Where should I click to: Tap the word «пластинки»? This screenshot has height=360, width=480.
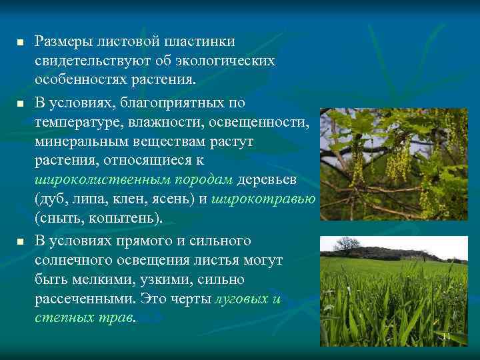194,42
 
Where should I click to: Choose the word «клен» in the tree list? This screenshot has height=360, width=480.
133,200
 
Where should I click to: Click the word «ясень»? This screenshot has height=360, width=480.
177,200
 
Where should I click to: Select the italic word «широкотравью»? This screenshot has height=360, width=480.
263,200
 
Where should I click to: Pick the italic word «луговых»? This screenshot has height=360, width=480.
239,299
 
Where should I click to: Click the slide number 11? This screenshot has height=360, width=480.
447,337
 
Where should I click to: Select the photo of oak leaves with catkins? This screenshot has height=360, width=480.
393,164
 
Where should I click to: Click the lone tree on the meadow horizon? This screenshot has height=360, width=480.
347,244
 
